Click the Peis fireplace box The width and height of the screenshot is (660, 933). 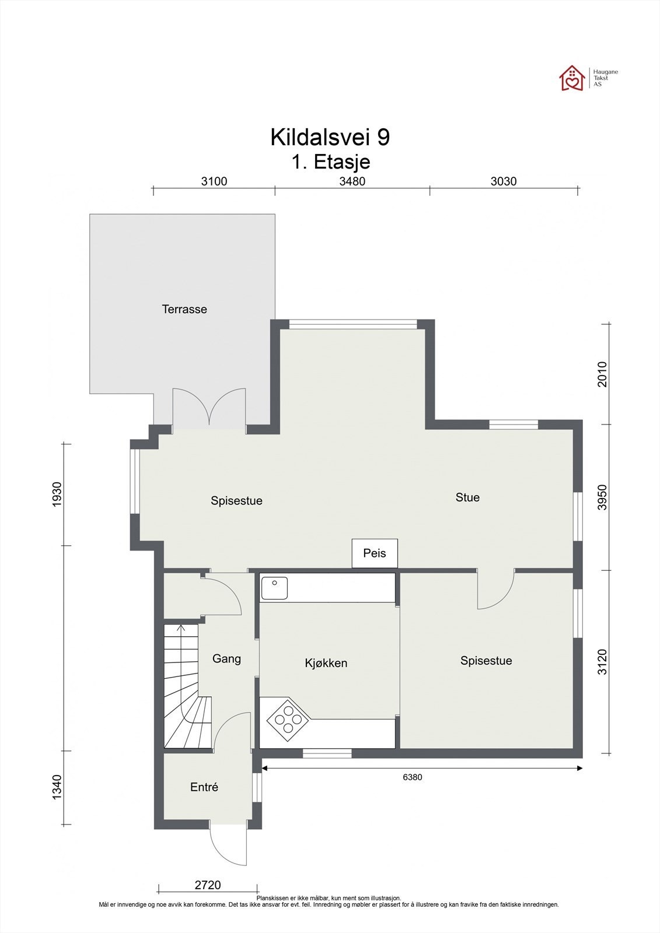pos(375,553)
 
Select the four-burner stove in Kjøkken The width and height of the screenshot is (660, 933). pos(288,720)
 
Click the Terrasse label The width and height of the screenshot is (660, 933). pos(184,309)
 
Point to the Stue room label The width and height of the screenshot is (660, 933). pos(467,497)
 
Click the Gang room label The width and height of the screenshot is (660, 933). pos(226,658)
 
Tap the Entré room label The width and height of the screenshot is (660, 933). pos(204,787)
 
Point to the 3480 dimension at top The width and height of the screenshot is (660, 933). pos(352,181)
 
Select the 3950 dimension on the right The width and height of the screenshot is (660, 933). pos(603,497)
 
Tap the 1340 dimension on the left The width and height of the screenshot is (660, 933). pos(57,787)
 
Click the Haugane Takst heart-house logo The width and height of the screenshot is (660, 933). pos(572,78)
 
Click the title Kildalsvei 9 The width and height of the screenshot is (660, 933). pos(330,137)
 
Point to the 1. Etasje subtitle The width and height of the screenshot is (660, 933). pos(331,162)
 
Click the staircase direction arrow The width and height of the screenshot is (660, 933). pos(181,630)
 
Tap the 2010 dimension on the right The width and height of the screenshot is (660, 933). pos(603,374)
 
